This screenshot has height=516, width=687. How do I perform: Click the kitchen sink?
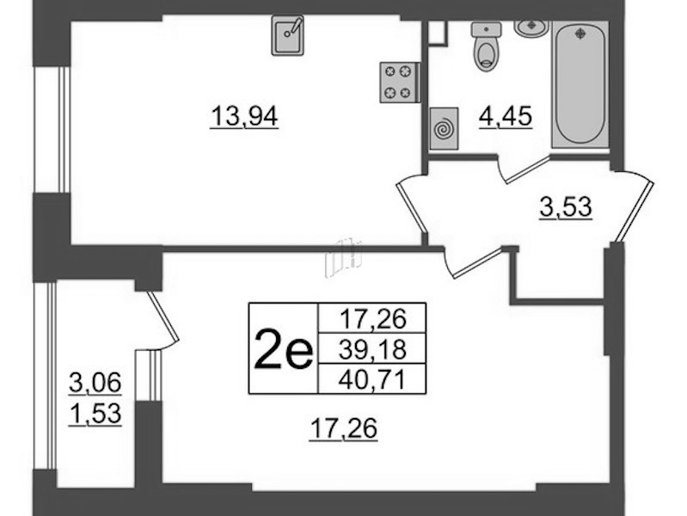287,35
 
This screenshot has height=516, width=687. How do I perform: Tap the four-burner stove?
400,83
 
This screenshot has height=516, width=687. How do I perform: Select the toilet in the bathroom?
487,46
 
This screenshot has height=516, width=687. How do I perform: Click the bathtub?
580,83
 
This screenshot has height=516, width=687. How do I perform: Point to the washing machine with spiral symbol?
444,128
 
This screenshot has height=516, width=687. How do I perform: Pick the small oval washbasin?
531,28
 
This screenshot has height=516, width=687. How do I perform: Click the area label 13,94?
244,118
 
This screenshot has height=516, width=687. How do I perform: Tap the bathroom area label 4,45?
506,118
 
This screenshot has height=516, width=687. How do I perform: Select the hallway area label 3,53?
566,208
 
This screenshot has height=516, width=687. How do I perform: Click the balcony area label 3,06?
95,384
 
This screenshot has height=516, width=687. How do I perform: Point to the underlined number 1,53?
95,415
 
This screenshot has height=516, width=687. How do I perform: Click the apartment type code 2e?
284,349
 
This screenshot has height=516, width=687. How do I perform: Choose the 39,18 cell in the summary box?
372,349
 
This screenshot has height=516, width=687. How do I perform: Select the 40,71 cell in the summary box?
372,379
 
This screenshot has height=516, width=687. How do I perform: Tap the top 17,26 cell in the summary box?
372,319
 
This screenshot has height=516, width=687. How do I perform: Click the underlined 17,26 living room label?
344,429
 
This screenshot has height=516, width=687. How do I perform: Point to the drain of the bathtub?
580,33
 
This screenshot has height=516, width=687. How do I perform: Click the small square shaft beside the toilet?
437,33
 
